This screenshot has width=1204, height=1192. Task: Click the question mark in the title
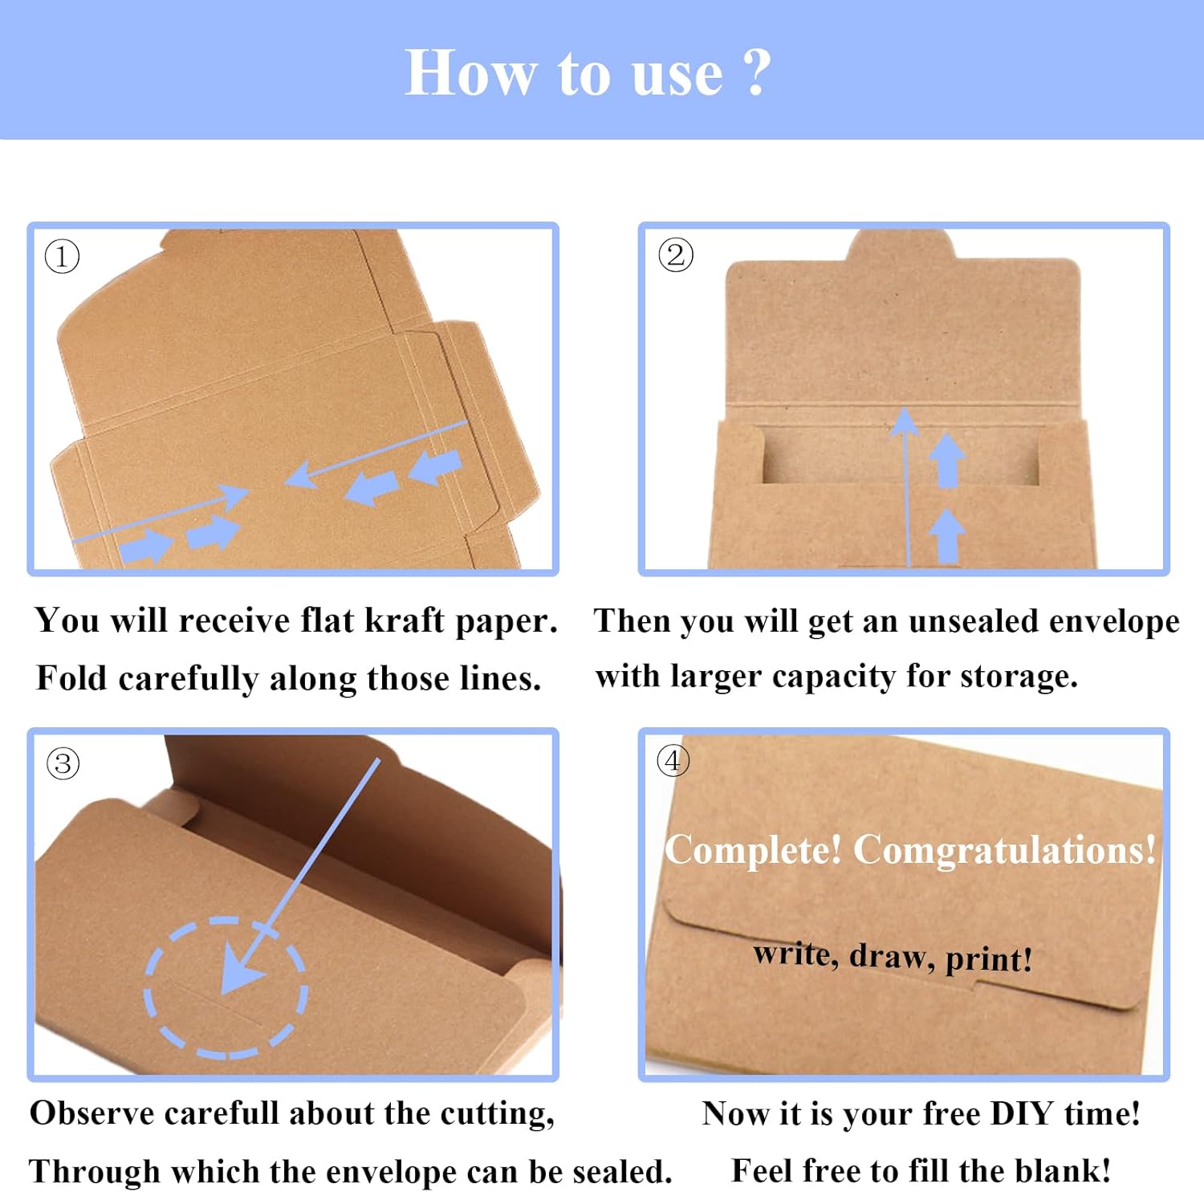tap(757, 72)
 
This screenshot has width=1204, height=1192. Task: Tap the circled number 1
tap(62, 257)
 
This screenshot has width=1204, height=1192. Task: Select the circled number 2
tap(675, 255)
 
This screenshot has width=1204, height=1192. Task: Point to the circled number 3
tap(63, 763)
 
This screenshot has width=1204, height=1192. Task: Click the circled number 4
tap(673, 760)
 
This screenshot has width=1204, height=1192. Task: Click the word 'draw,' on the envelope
tap(892, 956)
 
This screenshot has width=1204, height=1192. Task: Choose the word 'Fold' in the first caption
tap(71, 678)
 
